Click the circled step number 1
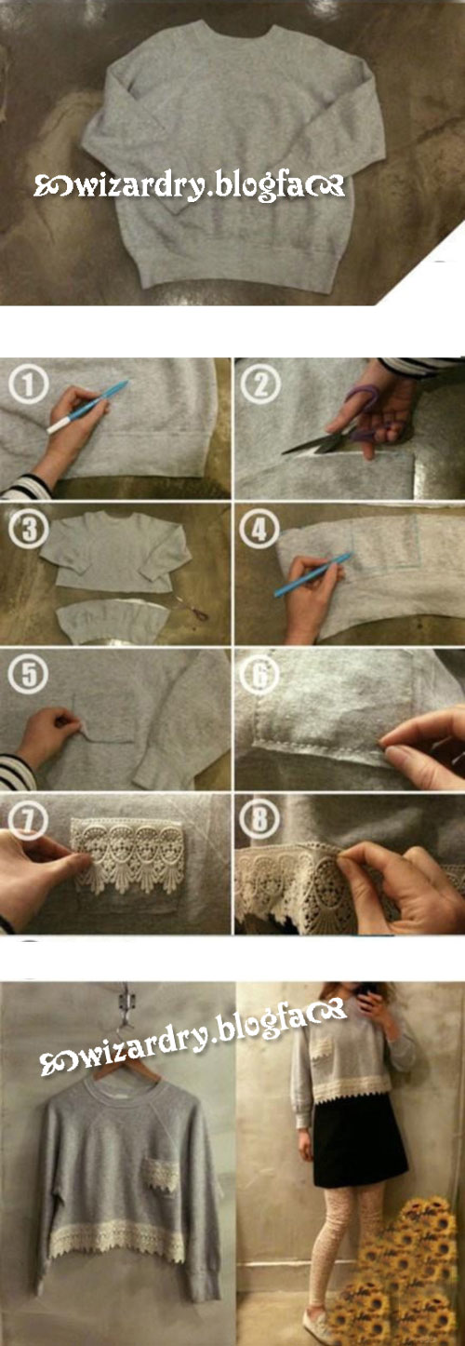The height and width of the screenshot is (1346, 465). point(29,385)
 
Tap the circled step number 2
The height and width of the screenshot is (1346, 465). point(260,384)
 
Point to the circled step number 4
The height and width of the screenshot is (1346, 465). point(259,530)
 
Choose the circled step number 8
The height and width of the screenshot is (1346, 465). point(259,818)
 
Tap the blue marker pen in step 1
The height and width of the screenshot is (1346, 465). point(87,406)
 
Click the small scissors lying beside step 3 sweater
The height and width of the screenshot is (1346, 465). point(193,608)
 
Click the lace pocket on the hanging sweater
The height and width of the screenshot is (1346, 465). point(159,1171)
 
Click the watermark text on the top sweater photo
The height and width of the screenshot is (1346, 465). point(190,186)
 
